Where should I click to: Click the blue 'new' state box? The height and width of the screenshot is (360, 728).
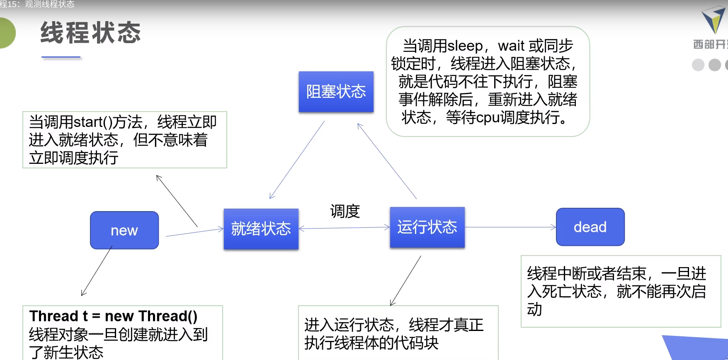[x=124, y=230]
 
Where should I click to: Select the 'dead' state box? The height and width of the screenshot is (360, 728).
[x=590, y=227]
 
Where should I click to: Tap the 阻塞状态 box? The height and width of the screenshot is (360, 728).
[x=336, y=92]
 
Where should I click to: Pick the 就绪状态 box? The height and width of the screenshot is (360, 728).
[x=261, y=229]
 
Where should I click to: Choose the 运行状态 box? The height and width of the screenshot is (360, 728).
[x=427, y=227]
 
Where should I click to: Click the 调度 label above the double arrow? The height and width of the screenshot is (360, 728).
[x=345, y=211]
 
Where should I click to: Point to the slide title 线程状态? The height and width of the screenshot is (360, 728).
[x=91, y=33]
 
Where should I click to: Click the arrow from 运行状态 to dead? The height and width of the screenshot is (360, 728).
[x=510, y=227]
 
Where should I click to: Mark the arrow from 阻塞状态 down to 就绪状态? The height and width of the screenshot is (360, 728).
[x=297, y=160]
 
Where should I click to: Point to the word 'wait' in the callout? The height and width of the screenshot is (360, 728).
[x=512, y=46]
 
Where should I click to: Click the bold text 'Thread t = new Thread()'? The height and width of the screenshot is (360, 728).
[x=113, y=316]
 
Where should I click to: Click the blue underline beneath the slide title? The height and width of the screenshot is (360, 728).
[x=61, y=57]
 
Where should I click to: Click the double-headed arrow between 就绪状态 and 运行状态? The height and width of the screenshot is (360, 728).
[x=344, y=228]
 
